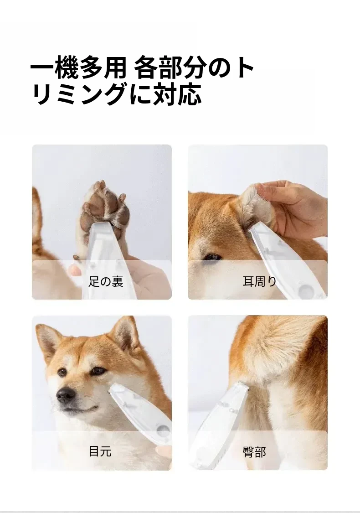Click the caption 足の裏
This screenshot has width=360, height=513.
pyautogui.click(x=106, y=281)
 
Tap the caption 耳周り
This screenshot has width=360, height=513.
pyautogui.click(x=260, y=281)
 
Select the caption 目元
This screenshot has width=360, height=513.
pyautogui.click(x=100, y=451)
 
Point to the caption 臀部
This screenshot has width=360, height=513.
pyautogui.click(x=254, y=452)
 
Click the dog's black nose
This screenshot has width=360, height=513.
pyautogui.click(x=66, y=395)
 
